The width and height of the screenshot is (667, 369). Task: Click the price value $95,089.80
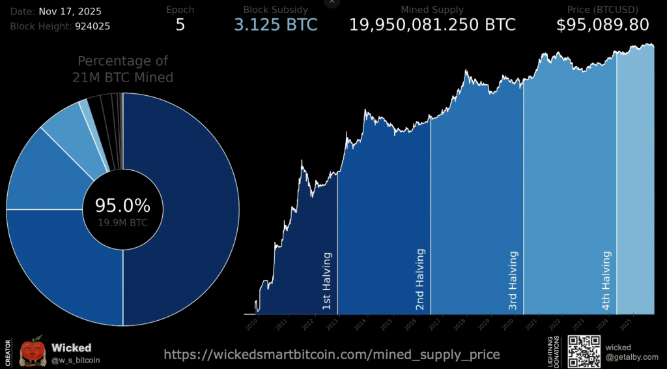tap(603, 25)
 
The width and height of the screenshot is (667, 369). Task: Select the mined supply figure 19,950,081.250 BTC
tap(433, 25)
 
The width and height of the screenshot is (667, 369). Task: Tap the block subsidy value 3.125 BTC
tap(276, 25)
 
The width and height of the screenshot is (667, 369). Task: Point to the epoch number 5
tap(180, 25)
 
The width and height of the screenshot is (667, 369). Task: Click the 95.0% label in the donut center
tap(122, 206)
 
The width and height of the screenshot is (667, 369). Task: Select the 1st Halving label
tap(327, 280)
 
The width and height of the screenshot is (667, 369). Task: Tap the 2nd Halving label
tap(420, 278)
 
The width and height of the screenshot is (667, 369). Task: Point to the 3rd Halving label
tap(513, 280)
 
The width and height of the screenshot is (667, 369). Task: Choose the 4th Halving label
tap(606, 280)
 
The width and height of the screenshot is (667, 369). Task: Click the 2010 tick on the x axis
tap(252, 321)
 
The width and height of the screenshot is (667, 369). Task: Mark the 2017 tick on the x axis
tap(435, 321)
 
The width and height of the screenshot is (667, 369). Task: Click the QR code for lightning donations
tap(583, 351)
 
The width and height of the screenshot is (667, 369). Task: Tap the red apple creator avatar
tap(31, 351)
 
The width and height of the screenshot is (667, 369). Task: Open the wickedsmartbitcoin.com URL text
tap(332, 355)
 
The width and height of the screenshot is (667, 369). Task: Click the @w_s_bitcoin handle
tap(76, 360)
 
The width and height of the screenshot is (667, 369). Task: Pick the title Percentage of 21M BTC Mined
tap(122, 69)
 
